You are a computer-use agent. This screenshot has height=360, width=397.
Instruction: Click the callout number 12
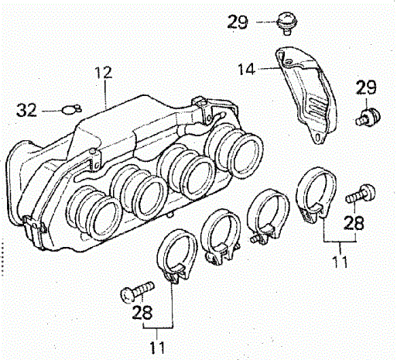coord(104,73)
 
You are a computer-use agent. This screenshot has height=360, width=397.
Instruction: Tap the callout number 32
coord(26,110)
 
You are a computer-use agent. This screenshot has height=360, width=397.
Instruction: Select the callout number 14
coord(246,69)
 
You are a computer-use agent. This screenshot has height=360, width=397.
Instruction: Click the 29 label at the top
coord(238,22)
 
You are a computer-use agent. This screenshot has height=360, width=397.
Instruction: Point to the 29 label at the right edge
coord(366,87)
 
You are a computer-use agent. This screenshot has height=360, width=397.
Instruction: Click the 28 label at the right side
coord(354,223)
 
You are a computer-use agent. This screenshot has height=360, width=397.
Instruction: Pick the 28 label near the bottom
coord(142,313)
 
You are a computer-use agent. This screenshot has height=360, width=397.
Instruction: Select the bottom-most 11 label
coord(157,348)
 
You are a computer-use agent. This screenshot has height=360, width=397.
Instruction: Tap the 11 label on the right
coord(340,262)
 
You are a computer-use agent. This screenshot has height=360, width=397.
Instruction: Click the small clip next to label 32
coord(71,109)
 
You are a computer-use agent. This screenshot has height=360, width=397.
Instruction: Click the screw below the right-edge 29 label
coord(368,117)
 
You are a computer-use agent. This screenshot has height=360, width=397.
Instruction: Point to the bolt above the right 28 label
coord(361,194)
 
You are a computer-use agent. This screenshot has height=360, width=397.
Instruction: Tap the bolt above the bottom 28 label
coord(137,291)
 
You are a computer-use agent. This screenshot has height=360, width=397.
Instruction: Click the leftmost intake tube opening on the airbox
coord(104,218)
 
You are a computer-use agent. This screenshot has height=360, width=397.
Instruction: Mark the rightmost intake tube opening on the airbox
coord(246,155)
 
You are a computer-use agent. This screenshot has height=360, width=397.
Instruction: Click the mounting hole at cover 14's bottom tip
coord(319,137)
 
